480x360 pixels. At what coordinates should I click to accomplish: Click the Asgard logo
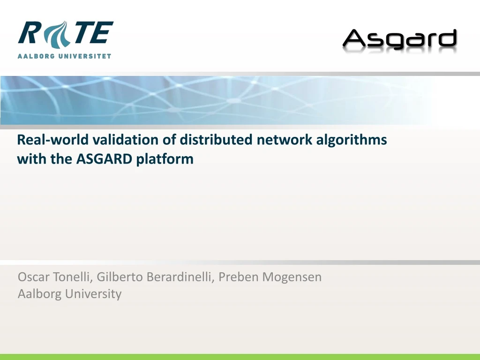[399, 40]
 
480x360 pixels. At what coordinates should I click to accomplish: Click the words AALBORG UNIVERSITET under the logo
[65, 56]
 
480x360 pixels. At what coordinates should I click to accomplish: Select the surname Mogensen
[292, 277]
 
